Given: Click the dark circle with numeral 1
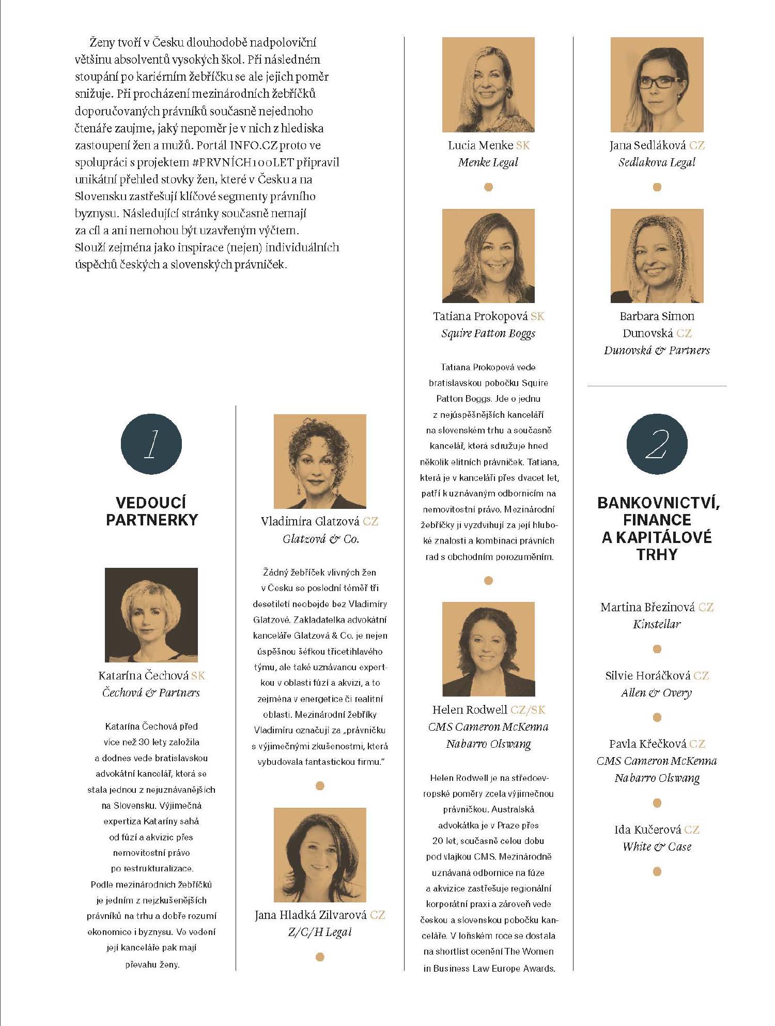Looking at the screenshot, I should click(x=151, y=444).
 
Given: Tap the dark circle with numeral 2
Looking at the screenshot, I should click(x=657, y=444).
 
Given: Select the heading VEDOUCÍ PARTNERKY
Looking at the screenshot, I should click(x=151, y=511).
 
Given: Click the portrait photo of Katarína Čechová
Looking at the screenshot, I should click(x=151, y=614).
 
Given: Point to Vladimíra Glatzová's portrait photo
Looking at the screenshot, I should click(x=319, y=461).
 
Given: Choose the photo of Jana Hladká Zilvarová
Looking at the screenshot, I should click(x=319, y=854).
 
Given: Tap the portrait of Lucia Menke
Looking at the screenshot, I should click(x=488, y=84).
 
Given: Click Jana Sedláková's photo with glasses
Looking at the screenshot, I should click(x=657, y=84).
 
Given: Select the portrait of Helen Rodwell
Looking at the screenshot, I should click(x=488, y=648).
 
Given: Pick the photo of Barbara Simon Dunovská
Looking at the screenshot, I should click(x=657, y=255).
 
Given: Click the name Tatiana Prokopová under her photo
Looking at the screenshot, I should click(x=481, y=316).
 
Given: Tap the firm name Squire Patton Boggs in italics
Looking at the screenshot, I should click(x=488, y=334).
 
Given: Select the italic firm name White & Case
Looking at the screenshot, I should click(x=657, y=847).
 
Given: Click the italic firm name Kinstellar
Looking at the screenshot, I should click(x=657, y=624).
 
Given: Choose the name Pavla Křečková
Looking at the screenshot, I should click(x=648, y=744).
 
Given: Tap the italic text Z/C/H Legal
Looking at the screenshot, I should click(x=319, y=932).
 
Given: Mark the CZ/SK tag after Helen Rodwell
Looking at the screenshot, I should click(x=528, y=710).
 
